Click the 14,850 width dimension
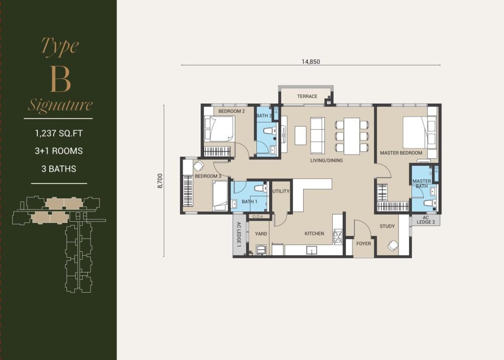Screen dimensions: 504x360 pyautogui.click(x=311, y=61)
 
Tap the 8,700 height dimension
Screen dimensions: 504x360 pyautogui.click(x=160, y=181)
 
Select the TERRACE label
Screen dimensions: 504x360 pyautogui.click(x=307, y=96)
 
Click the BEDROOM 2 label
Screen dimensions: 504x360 pyautogui.click(x=231, y=111)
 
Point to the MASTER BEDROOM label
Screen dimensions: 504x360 pyautogui.click(x=401, y=153)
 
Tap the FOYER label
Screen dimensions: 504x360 pyautogui.click(x=364, y=244)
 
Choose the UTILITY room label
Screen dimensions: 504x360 pyautogui.click(x=281, y=191)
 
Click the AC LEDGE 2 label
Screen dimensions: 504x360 pyautogui.click(x=426, y=220)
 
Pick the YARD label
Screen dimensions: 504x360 pyautogui.click(x=261, y=234)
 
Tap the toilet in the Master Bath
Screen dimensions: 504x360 pyautogui.click(x=429, y=203)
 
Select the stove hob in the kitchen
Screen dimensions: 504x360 pyautogui.click(x=338, y=237)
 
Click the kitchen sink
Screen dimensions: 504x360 pyautogui.click(x=312, y=250)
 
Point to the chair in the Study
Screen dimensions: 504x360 pyautogui.click(x=393, y=246)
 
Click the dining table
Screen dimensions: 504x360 pyautogui.click(x=351, y=136)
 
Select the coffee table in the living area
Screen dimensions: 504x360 pyautogui.click(x=301, y=136)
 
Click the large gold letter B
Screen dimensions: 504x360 pyautogui.click(x=60, y=80)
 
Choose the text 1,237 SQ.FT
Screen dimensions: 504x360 pyautogui.click(x=59, y=133)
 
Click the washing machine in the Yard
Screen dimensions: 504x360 pyautogui.click(x=261, y=250)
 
